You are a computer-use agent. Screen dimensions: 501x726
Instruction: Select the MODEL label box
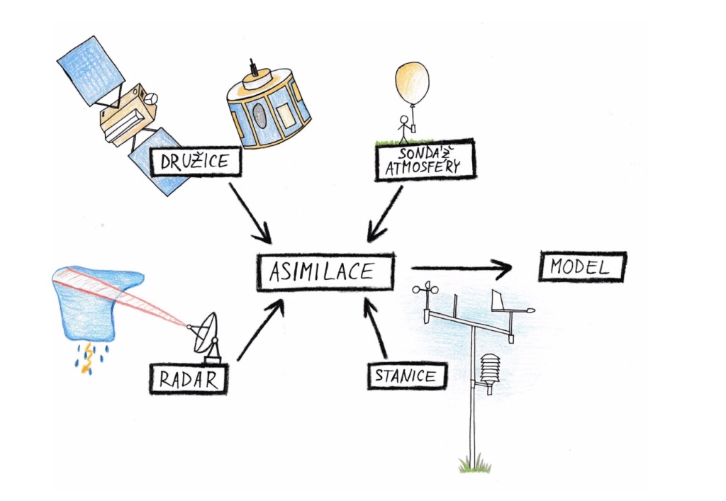[583, 268]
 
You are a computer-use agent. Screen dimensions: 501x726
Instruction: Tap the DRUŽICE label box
[195, 162]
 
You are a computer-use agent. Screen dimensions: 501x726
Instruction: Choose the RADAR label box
[189, 378]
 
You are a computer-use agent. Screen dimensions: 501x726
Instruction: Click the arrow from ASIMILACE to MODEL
[461, 269]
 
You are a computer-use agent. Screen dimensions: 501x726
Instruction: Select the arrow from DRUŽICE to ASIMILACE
[251, 213]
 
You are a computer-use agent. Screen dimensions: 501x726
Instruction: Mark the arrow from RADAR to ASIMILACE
[260, 330]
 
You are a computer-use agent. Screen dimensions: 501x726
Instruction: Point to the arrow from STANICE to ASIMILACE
[376, 326]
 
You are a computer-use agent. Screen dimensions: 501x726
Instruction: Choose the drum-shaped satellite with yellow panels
[267, 106]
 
